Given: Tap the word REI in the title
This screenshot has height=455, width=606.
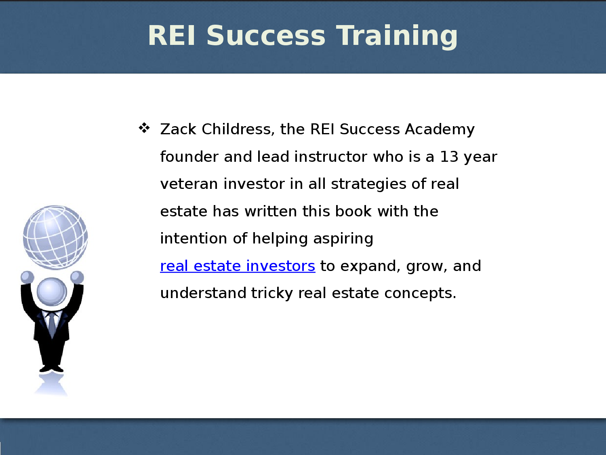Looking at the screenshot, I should tap(172, 36).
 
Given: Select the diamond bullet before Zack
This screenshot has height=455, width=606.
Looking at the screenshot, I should tap(144, 128).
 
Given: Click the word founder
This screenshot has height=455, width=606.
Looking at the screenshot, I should tap(189, 157).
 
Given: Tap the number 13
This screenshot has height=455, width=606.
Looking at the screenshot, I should tap(449, 157).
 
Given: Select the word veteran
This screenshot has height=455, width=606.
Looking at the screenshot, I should tap(189, 184).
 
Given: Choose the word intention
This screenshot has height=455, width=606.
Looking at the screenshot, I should tap(194, 239).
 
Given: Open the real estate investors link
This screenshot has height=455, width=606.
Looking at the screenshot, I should tap(238, 266).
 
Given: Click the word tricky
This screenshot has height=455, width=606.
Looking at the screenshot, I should tap(272, 294).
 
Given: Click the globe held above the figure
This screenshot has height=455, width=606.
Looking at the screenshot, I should tap(55, 237).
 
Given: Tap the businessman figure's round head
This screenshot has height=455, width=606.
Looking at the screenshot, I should tap(52, 292).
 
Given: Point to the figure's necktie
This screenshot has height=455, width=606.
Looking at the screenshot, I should tap(52, 324).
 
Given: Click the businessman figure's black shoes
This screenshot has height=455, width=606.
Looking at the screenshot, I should tap(51, 368).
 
